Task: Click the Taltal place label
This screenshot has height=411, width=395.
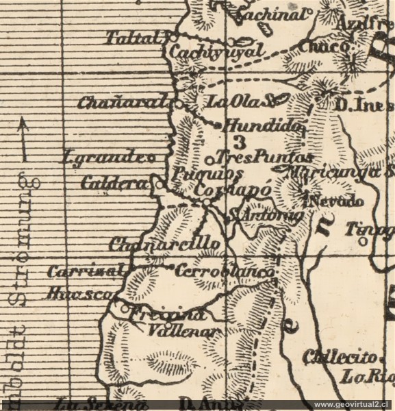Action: pos(134,38)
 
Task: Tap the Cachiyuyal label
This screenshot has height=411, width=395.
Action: pos(216,52)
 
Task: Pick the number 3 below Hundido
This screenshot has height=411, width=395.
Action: pos(239,142)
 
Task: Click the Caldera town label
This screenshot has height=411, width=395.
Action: pos(114,184)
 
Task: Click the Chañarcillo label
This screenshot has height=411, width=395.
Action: pos(164,244)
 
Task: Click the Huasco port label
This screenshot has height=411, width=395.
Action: pos(79,294)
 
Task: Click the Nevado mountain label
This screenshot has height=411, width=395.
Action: pos(335,202)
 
